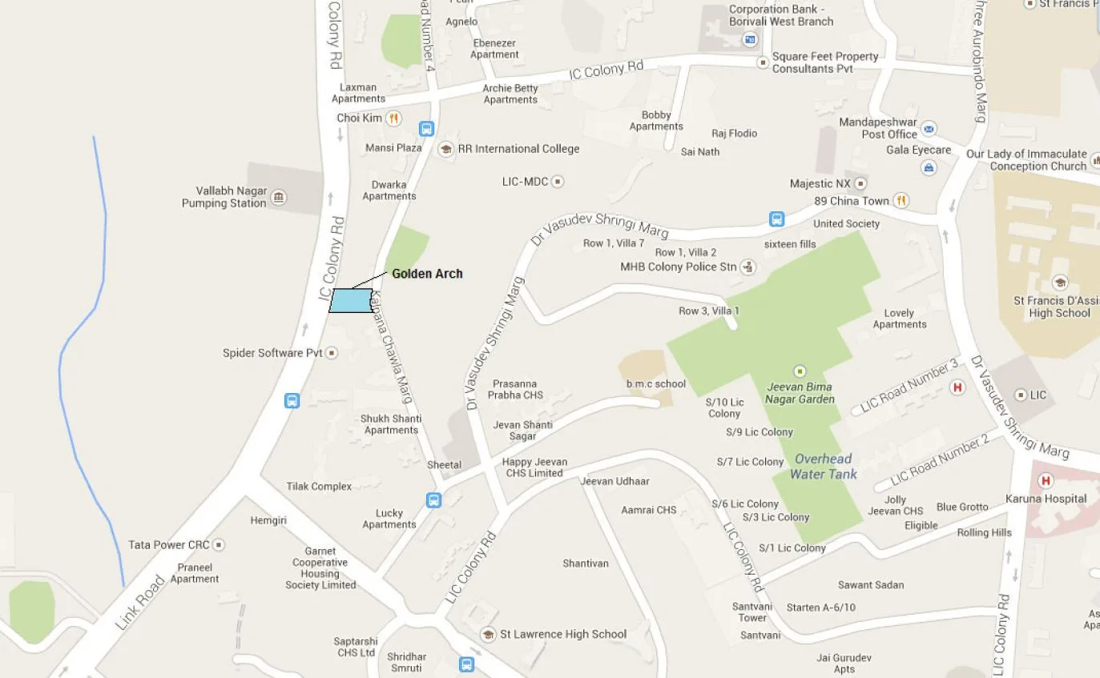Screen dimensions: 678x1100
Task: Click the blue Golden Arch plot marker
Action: click(x=351, y=300)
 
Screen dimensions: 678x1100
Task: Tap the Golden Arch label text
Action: click(x=427, y=274)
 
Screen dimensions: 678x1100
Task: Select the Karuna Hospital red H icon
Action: click(x=1045, y=480)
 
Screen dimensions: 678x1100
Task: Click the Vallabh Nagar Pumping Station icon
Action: click(x=279, y=197)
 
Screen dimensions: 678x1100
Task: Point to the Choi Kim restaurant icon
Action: click(x=393, y=118)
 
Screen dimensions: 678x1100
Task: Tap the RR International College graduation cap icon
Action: click(x=445, y=148)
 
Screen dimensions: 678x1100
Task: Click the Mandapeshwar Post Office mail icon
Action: click(x=929, y=129)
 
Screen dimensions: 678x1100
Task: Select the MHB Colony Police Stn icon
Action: click(x=747, y=267)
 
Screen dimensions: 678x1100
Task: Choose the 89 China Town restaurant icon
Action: click(x=901, y=201)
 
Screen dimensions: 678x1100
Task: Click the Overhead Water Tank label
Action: click(x=823, y=466)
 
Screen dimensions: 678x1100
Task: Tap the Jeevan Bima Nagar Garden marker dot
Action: click(x=799, y=371)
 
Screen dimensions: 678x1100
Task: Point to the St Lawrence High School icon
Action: click(x=488, y=634)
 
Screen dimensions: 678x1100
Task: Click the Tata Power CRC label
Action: click(x=169, y=545)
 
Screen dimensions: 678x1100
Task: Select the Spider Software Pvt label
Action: click(x=272, y=353)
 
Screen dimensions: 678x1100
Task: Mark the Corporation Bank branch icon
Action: click(x=750, y=38)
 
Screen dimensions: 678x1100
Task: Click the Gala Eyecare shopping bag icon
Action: click(x=929, y=167)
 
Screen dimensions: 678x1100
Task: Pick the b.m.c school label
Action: click(x=656, y=383)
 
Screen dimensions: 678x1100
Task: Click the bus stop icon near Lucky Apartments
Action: click(x=433, y=500)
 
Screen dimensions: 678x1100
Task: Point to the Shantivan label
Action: click(x=586, y=564)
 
